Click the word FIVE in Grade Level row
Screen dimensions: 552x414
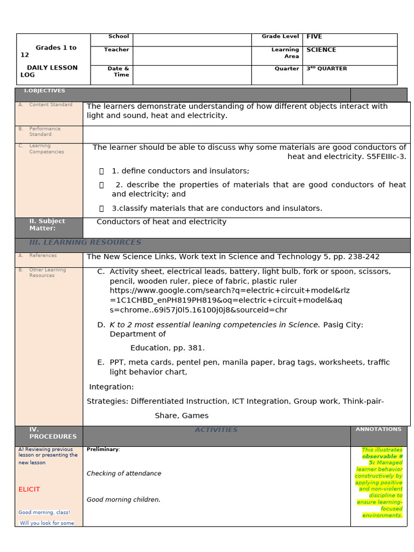click(x=314, y=37)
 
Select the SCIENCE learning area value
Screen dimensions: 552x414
click(x=321, y=50)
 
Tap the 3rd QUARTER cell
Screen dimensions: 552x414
click(x=327, y=68)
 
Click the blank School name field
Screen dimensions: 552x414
click(x=192, y=39)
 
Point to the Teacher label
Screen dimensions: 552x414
click(x=116, y=50)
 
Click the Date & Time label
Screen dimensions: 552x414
click(x=118, y=72)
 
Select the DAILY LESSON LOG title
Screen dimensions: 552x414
click(x=49, y=71)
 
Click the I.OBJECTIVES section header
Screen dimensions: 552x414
click(x=44, y=91)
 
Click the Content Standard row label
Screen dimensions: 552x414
click(x=51, y=105)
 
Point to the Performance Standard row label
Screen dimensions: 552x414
click(x=45, y=132)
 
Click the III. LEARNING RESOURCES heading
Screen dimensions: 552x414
click(x=85, y=243)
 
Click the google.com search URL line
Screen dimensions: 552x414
click(x=230, y=291)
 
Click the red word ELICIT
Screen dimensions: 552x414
click(x=29, y=489)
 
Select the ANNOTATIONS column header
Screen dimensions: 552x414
click(x=378, y=429)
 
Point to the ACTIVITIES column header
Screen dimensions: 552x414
click(x=216, y=430)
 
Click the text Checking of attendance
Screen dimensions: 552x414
click(x=124, y=473)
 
